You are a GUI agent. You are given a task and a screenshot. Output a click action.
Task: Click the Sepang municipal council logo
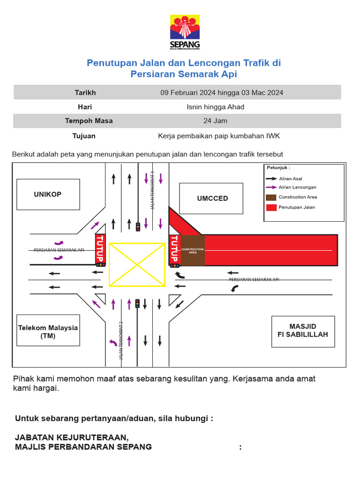tap(184, 32)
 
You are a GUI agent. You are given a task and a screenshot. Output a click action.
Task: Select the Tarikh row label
tap(85, 92)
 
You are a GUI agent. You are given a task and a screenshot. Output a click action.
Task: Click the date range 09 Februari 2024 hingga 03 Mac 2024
tap(222, 92)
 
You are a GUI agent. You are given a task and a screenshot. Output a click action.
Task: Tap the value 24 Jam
tap(215, 120)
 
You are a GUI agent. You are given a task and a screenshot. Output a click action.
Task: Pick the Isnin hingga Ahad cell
tap(215, 107)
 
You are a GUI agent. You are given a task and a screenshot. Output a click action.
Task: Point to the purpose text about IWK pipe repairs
tap(219, 136)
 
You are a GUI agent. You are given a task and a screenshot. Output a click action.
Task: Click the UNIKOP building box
tap(48, 194)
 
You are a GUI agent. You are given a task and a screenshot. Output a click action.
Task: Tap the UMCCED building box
tap(212, 198)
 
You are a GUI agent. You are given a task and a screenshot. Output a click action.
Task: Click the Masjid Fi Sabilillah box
tap(303, 331)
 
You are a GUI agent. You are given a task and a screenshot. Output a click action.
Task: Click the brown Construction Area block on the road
tap(193, 251)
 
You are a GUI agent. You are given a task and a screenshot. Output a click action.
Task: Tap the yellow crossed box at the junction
tap(137, 264)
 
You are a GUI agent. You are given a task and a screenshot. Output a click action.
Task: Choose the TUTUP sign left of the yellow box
tap(100, 248)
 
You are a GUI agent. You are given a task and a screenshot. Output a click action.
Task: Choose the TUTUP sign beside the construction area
tap(174, 249)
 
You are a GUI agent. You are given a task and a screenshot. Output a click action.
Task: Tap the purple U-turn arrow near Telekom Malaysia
tap(113, 343)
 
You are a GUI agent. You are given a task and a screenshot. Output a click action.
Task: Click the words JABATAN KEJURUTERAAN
tap(71, 437)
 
